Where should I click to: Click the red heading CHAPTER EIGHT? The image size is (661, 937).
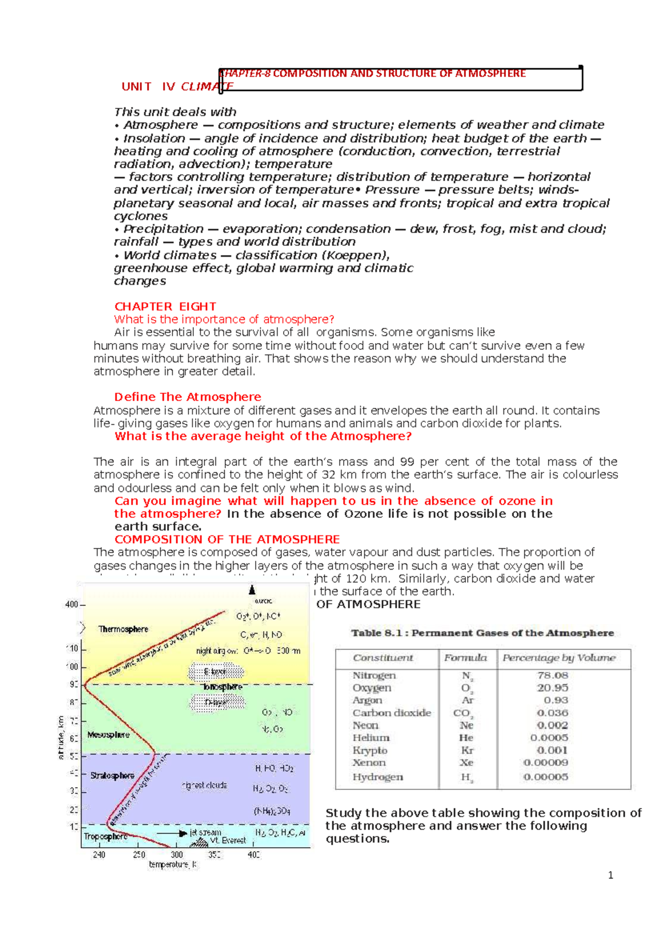tap(165, 306)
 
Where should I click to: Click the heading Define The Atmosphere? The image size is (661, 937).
tap(187, 397)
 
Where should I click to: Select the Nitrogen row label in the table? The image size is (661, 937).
tap(374, 675)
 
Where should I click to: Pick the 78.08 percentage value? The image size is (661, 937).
tap(552, 675)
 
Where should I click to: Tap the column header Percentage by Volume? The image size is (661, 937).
tap(559, 658)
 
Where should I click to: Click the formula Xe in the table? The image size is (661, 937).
tap(467, 763)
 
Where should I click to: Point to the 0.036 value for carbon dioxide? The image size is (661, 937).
tap(552, 713)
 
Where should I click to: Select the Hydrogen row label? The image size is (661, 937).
tap(377, 777)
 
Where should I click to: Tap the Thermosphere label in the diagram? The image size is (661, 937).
tap(123, 629)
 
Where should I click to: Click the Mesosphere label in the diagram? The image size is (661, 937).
tap(109, 735)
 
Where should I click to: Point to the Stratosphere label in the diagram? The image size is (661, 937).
tap(112, 776)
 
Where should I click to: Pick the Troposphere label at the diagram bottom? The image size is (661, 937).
tap(105, 836)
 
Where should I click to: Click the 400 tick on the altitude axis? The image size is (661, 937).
tap(72, 604)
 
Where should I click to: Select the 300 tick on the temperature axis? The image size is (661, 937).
tap(177, 855)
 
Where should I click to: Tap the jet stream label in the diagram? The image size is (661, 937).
tap(205, 832)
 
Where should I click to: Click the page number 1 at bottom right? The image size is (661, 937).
tap(610, 875)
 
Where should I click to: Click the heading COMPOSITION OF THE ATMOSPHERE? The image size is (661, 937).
tap(227, 539)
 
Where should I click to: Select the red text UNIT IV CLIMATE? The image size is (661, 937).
tap(177, 86)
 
